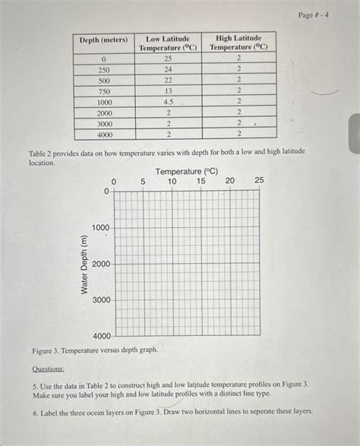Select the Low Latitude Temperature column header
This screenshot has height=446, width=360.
[x=168, y=43]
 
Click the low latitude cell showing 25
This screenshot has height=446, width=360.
[x=168, y=59]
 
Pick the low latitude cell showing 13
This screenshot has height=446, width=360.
[x=168, y=90]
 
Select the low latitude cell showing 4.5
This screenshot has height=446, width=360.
[x=168, y=101]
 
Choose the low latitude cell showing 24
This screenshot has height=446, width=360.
[x=168, y=69]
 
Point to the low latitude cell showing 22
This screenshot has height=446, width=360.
[x=168, y=80]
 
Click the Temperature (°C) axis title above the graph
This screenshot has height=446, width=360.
[x=187, y=172]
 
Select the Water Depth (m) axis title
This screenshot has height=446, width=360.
[x=84, y=264]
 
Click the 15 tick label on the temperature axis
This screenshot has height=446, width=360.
[x=201, y=182]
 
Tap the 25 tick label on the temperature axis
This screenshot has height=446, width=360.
[x=259, y=182]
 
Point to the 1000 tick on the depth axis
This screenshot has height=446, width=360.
[x=101, y=228]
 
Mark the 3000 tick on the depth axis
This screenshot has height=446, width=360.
[x=101, y=300]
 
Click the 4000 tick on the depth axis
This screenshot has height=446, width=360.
[x=101, y=336]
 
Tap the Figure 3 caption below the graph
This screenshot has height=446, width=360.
[x=95, y=351]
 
